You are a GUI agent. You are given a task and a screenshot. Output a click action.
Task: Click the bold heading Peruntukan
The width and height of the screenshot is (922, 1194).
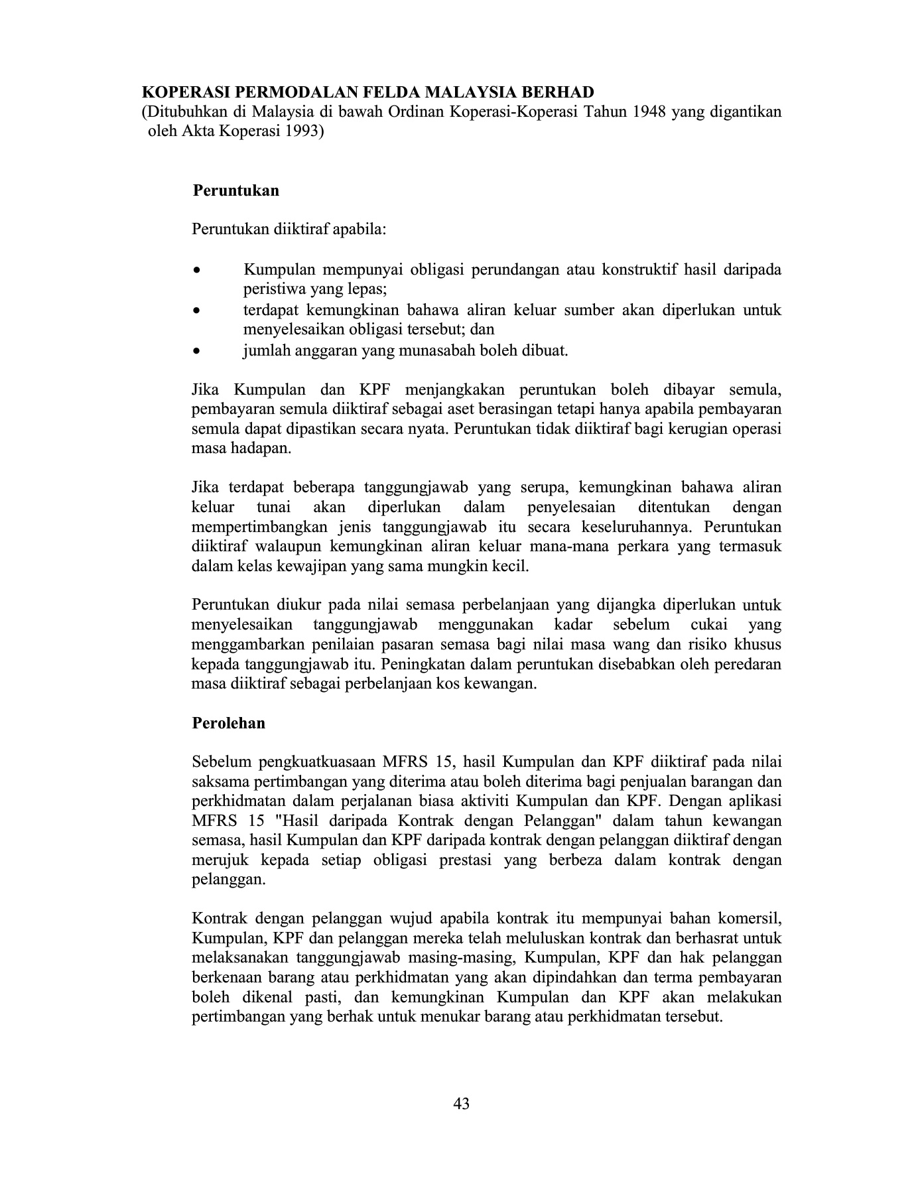pos(235,191)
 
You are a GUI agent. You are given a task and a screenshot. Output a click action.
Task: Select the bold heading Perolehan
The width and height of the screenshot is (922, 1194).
pos(228,723)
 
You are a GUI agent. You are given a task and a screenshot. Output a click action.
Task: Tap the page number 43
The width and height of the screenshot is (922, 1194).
pos(462,1104)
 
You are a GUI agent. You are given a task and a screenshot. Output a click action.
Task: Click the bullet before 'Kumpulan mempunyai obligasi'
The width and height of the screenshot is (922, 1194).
pos(196,271)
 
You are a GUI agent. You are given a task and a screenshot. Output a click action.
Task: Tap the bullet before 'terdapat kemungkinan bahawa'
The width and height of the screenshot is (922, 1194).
pos(196,310)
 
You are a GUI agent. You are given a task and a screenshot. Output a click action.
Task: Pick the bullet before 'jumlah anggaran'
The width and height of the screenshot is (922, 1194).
pos(196,351)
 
